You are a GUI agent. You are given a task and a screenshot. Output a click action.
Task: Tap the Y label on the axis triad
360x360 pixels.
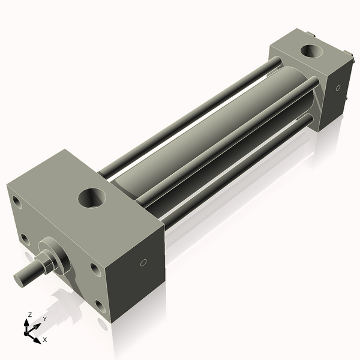coord(44,319)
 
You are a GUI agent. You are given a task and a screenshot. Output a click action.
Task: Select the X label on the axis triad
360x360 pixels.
coord(44,340)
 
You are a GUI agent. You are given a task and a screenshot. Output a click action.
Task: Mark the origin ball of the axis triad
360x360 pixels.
coord(28,331)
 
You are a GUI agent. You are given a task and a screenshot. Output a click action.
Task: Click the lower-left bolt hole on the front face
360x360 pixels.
coord(25,239)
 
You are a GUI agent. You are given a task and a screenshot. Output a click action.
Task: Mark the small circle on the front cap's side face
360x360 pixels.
coord(143,262)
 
